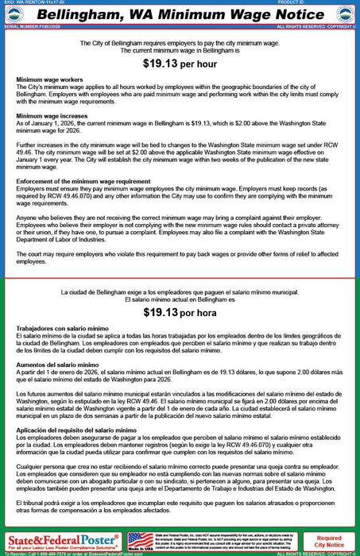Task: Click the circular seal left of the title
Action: click(x=15, y=14)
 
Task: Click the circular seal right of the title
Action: click(x=345, y=14)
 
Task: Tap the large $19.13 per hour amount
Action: click(x=180, y=62)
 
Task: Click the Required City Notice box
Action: click(x=329, y=542)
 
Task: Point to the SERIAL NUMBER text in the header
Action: click(x=29, y=26)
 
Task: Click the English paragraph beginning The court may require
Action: click(x=180, y=257)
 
